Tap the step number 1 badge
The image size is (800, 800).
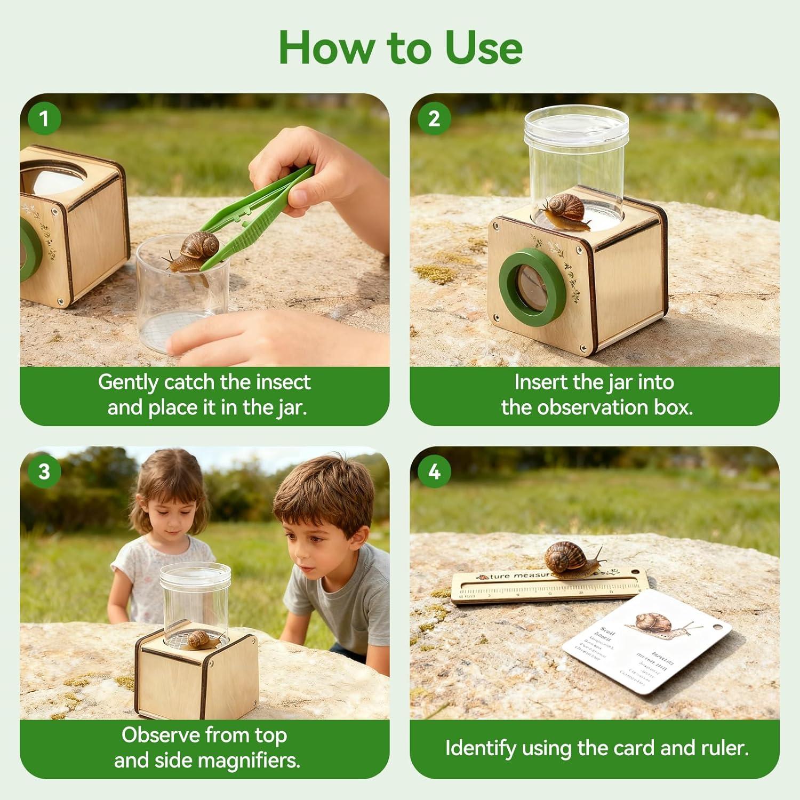click(x=44, y=118)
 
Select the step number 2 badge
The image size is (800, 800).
click(x=434, y=118)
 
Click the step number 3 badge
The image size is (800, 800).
click(x=44, y=471)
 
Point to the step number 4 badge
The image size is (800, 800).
click(x=434, y=471)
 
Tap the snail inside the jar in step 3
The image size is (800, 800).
click(x=203, y=639)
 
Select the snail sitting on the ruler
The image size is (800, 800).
click(x=571, y=560)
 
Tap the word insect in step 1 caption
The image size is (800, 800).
click(x=283, y=382)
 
